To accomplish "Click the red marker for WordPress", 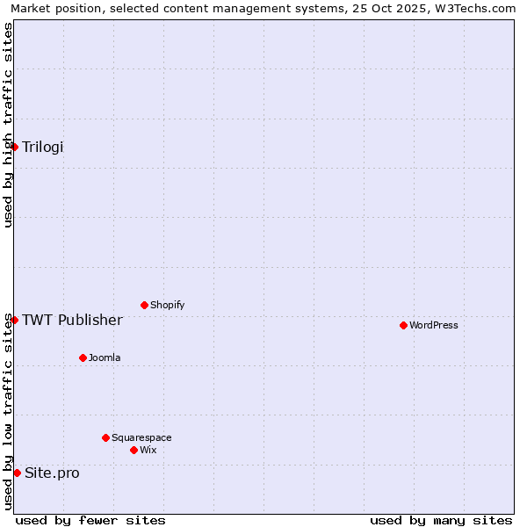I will tap(403, 325).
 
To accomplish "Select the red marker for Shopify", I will tap(144, 305).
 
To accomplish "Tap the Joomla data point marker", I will tap(83, 357).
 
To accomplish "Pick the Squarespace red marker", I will tap(105, 437).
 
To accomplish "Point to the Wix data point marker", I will tap(134, 450).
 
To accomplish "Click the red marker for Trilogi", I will tap(15, 147).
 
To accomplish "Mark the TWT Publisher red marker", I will tap(15, 320).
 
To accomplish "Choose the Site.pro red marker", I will tap(17, 473).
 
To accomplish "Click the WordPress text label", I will tap(434, 325).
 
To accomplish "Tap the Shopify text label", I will tap(167, 305).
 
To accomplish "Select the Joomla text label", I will tap(105, 357).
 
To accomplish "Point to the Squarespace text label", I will tap(141, 437).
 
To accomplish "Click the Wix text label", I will tap(148, 450).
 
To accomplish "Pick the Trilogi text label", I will tap(43, 147).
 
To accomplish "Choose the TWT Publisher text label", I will tap(72, 320).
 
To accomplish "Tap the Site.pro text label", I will tap(52, 473).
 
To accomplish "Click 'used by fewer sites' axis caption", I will tap(90, 520).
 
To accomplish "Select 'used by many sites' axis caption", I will tap(441, 520).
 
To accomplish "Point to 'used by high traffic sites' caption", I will tap(8, 125).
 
